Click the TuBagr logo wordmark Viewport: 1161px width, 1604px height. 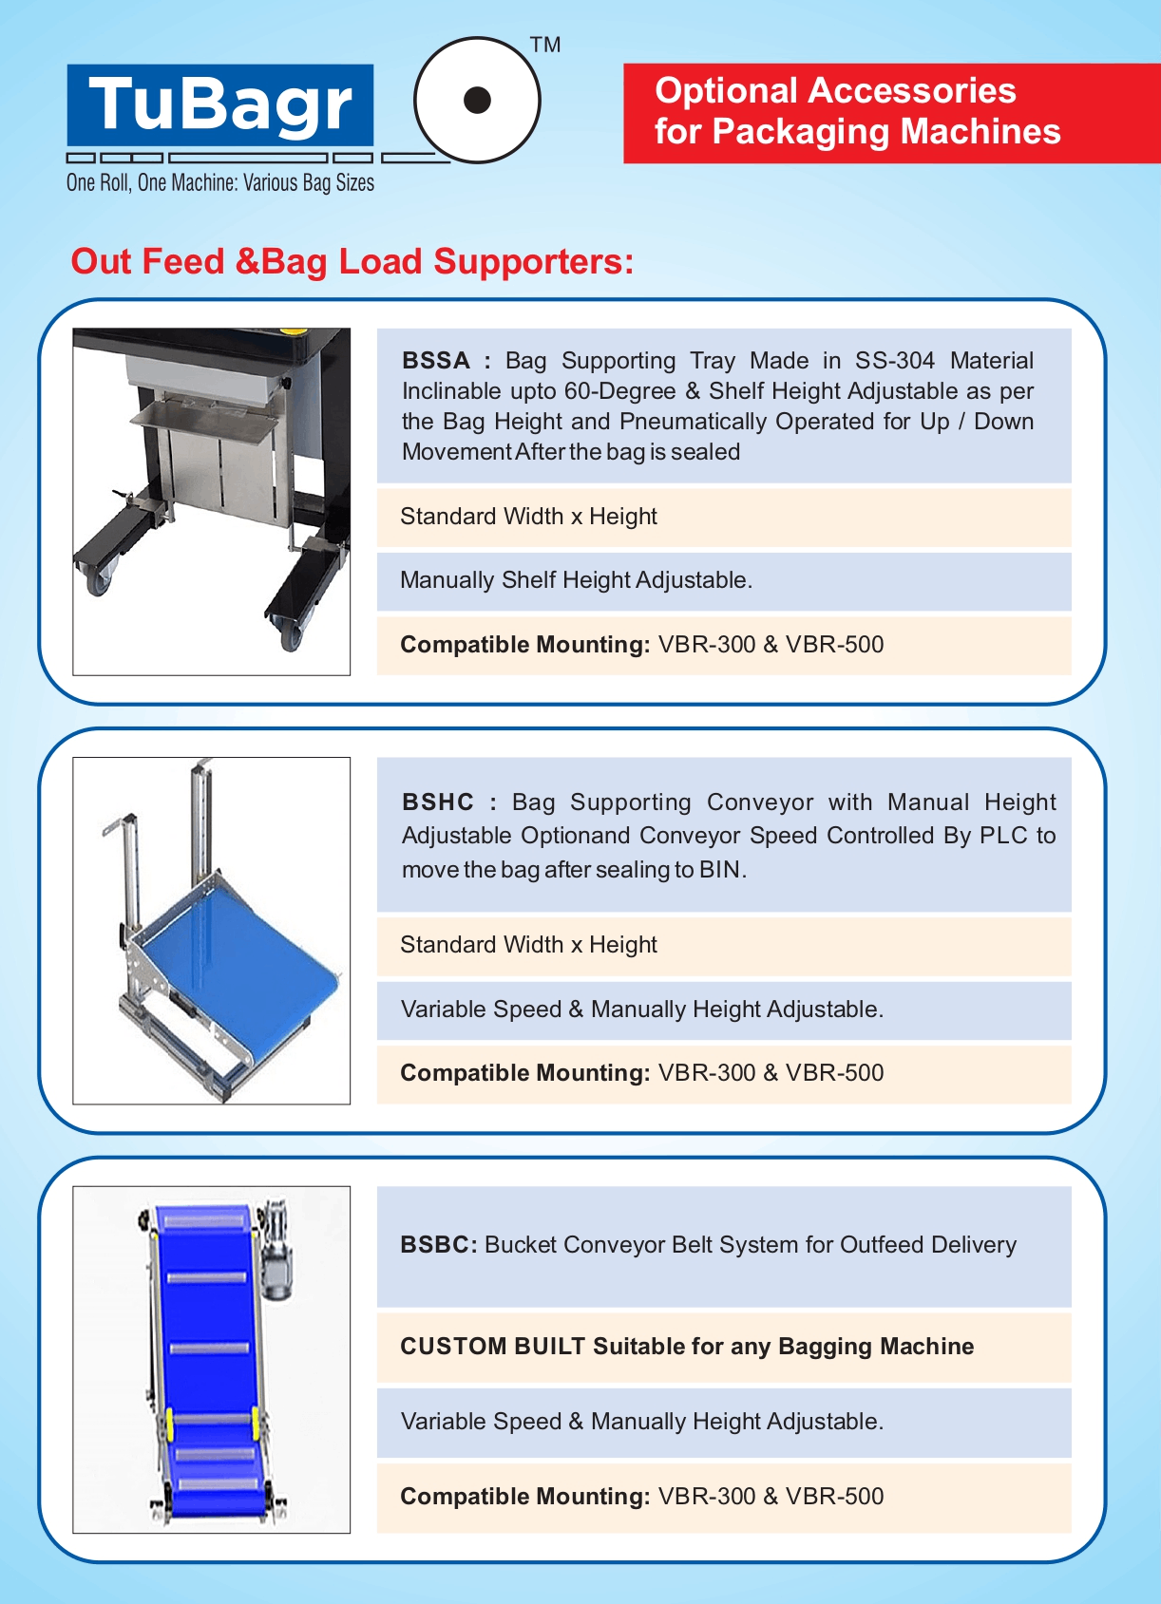(x=220, y=104)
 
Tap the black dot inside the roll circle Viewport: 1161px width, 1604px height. (x=477, y=100)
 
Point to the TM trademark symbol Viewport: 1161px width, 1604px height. (x=545, y=45)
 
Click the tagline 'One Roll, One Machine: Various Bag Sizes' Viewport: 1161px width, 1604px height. (x=220, y=183)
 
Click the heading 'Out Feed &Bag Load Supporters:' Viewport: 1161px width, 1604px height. (x=352, y=262)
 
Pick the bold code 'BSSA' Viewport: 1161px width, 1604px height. (x=436, y=361)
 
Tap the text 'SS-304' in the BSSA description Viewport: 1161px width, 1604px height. (x=894, y=361)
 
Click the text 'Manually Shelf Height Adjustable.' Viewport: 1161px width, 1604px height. (x=576, y=580)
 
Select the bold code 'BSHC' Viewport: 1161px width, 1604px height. (x=438, y=802)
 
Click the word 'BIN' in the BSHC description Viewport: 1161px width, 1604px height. (x=719, y=870)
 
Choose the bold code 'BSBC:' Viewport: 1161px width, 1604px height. (x=439, y=1245)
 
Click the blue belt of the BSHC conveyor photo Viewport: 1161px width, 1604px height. (x=238, y=959)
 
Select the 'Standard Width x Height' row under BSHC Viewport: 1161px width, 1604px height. (x=528, y=945)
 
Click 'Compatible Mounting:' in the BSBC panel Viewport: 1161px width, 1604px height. (x=524, y=1497)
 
